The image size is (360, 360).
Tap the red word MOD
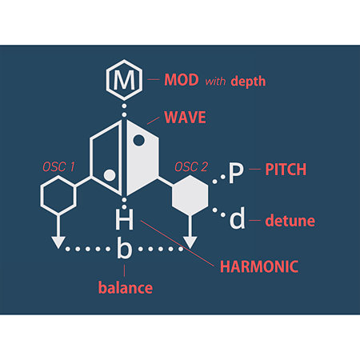click(x=182, y=80)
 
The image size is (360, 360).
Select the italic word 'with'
click(x=215, y=81)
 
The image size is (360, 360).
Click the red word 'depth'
click(x=248, y=82)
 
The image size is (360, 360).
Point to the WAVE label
click(x=185, y=118)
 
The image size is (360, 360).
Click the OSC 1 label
click(x=58, y=167)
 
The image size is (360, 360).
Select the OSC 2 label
click(x=191, y=167)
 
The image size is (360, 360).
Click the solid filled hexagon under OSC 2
click(x=190, y=195)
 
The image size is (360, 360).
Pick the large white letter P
click(x=236, y=174)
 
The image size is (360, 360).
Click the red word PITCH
click(x=286, y=170)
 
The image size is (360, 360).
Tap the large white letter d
click(x=237, y=218)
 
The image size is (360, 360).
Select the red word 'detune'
click(x=290, y=221)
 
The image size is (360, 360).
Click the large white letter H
click(x=124, y=220)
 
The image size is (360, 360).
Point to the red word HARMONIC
click(x=259, y=266)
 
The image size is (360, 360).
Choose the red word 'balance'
click(x=126, y=288)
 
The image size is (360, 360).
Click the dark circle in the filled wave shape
click(x=138, y=140)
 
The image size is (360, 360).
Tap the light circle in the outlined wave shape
click(x=110, y=175)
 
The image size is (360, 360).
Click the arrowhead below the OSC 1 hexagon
click(x=58, y=242)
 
